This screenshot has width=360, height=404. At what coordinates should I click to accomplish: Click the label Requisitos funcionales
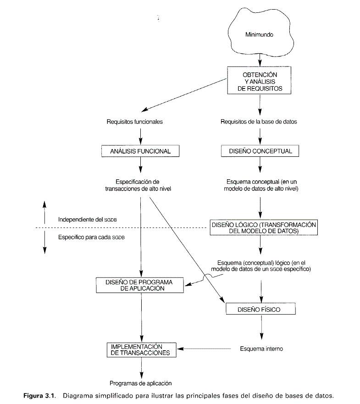[x=135, y=122]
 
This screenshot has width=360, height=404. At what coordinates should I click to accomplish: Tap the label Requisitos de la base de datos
[x=259, y=122]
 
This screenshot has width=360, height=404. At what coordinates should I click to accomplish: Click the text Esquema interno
[x=261, y=349]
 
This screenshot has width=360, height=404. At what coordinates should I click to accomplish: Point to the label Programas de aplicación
[x=141, y=383]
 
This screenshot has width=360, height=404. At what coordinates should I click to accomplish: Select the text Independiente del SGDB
[x=87, y=220]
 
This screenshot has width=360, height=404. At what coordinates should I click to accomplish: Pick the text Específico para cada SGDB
[x=91, y=237]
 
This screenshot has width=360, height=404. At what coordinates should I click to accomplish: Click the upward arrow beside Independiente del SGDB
[x=44, y=213]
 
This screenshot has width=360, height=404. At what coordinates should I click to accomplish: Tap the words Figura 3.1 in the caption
[x=39, y=395]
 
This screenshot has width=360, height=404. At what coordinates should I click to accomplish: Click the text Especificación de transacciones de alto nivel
[x=138, y=185]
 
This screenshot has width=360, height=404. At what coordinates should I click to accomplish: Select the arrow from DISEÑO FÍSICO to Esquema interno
[x=261, y=327]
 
